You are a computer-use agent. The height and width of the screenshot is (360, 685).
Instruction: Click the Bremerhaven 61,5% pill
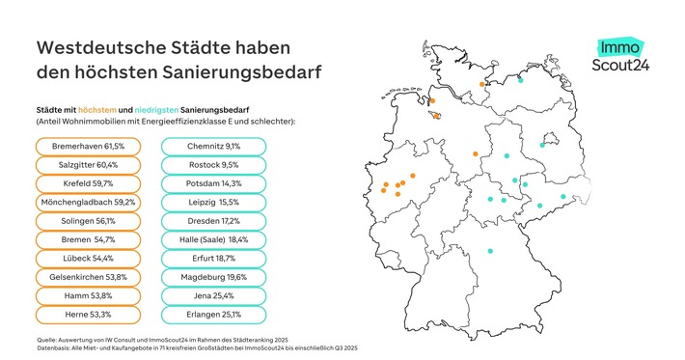click(88, 146)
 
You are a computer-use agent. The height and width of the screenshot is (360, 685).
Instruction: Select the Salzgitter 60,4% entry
click(88, 164)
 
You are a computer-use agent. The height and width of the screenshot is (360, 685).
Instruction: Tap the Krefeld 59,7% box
click(88, 182)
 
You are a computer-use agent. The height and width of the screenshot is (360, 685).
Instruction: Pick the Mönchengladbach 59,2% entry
click(88, 202)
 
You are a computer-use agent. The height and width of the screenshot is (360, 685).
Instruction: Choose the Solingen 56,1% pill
click(88, 220)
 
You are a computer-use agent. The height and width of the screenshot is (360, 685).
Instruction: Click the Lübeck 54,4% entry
click(88, 258)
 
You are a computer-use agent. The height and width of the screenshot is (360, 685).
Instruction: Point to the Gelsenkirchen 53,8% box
click(88, 277)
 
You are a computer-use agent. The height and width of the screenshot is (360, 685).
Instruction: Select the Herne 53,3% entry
click(88, 315)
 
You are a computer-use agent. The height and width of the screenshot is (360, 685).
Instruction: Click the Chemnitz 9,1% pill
click(212, 146)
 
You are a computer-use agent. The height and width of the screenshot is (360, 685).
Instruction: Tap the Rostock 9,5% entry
click(212, 164)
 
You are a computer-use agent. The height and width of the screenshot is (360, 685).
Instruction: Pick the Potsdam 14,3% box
click(212, 182)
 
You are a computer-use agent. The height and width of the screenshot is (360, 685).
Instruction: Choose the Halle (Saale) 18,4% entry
click(212, 239)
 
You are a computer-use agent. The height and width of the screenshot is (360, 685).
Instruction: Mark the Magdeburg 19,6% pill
click(212, 277)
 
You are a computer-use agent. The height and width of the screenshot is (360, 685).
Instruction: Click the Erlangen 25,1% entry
click(212, 315)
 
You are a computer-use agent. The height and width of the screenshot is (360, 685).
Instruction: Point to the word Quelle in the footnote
click(46, 338)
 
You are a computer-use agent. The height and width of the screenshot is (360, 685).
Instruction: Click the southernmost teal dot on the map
click(491, 252)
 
